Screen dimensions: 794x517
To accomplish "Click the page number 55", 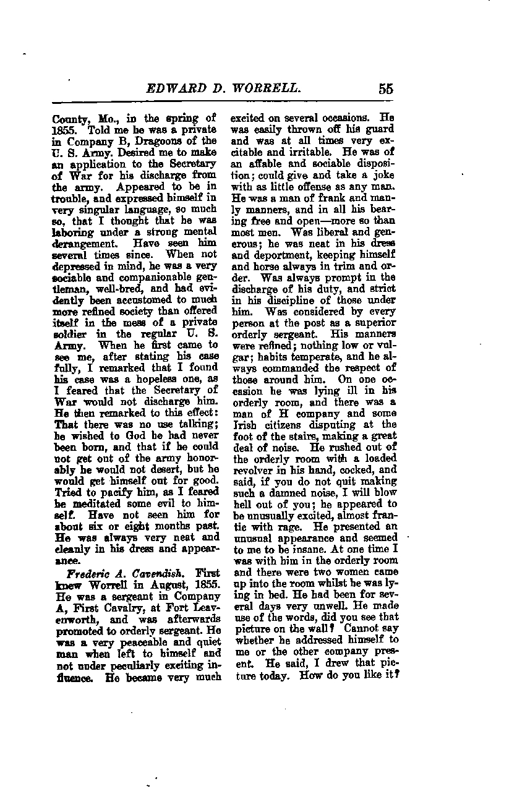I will coord(386,88).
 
